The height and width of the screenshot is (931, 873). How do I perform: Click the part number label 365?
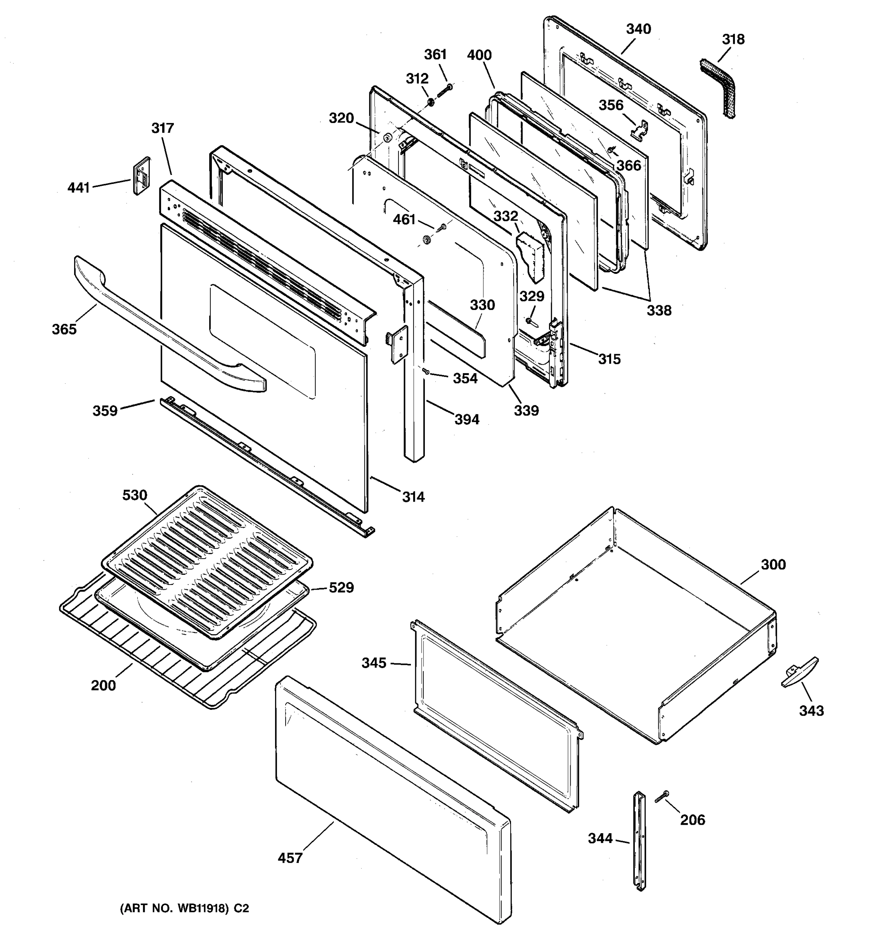[64, 329]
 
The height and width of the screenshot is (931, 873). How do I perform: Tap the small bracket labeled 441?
[142, 176]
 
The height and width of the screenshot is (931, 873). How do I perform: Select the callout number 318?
[733, 39]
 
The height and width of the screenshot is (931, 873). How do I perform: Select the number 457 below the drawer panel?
[290, 858]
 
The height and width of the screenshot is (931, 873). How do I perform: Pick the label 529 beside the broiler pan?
[341, 587]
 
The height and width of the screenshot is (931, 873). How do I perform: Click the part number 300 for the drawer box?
[773, 564]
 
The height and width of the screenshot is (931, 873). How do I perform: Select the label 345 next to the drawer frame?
[374, 663]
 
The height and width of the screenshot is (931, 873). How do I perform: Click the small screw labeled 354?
[426, 371]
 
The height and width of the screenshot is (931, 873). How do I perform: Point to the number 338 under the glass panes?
[659, 310]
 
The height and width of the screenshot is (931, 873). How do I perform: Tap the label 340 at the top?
[638, 29]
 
